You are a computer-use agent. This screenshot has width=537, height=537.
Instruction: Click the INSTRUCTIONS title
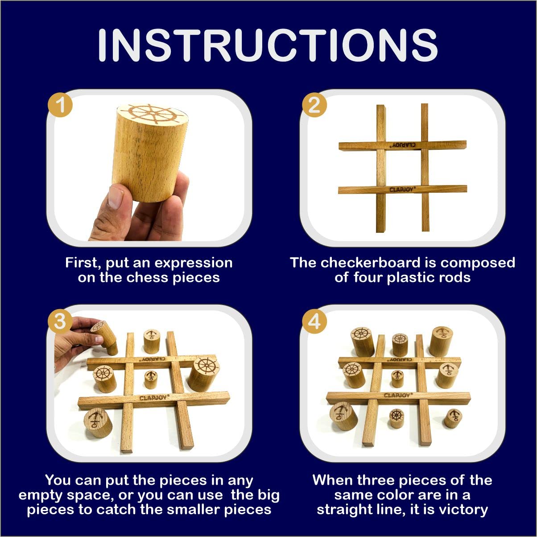click(268, 45)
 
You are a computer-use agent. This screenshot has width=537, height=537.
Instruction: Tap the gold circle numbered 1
click(60, 105)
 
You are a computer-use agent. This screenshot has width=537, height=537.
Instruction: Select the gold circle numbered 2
click(314, 105)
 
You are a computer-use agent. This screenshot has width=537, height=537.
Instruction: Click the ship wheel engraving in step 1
click(153, 113)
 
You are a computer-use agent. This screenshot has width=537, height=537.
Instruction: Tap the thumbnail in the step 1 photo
click(116, 197)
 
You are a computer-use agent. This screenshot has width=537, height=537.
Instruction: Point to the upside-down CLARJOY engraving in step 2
click(404, 145)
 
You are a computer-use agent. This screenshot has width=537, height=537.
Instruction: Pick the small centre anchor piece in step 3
click(151, 380)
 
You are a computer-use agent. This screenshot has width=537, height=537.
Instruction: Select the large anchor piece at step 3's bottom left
click(98, 423)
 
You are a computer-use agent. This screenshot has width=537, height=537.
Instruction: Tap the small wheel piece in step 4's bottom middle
click(396, 418)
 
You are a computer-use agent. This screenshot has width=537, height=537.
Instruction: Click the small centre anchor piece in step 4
click(397, 379)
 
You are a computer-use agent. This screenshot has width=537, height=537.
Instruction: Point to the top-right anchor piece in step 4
click(441, 341)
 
